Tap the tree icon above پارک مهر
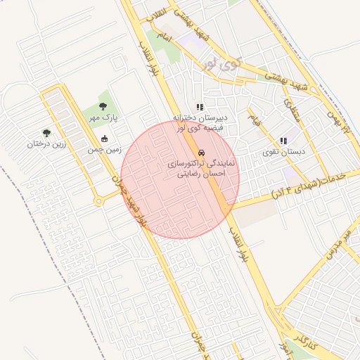pyautogui.click(x=103, y=106)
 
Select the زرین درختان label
pyautogui.click(x=46, y=143)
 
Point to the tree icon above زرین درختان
pyautogui.click(x=46, y=133)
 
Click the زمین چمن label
pyautogui.click(x=105, y=149)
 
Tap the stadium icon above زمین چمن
pyautogui.click(x=105, y=139)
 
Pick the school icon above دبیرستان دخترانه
pyautogui.click(x=200, y=108)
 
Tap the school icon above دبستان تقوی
pyautogui.click(x=283, y=141)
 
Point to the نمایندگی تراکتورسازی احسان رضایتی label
pyautogui.click(x=202, y=167)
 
